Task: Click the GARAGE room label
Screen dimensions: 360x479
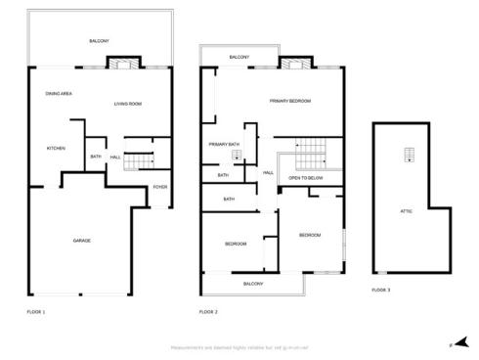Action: click(x=81, y=240)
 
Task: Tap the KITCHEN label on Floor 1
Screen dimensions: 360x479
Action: click(x=56, y=149)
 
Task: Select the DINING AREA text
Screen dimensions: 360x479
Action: click(x=60, y=93)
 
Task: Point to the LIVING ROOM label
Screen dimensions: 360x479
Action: click(x=128, y=104)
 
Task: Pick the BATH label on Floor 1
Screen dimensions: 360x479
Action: click(x=96, y=157)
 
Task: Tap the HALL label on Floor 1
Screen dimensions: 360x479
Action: click(x=115, y=157)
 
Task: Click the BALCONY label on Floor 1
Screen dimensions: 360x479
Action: click(x=99, y=40)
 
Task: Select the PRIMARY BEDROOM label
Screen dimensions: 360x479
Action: click(x=290, y=101)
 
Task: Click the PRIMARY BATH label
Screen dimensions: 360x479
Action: click(x=224, y=145)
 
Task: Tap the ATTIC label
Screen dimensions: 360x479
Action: click(x=406, y=211)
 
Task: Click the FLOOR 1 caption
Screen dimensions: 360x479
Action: click(x=36, y=312)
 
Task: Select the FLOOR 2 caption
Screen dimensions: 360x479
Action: click(x=208, y=312)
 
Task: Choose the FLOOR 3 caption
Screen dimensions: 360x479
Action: click(x=380, y=291)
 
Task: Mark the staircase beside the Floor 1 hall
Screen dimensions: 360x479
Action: click(x=143, y=158)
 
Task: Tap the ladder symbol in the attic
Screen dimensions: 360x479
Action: click(x=407, y=155)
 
